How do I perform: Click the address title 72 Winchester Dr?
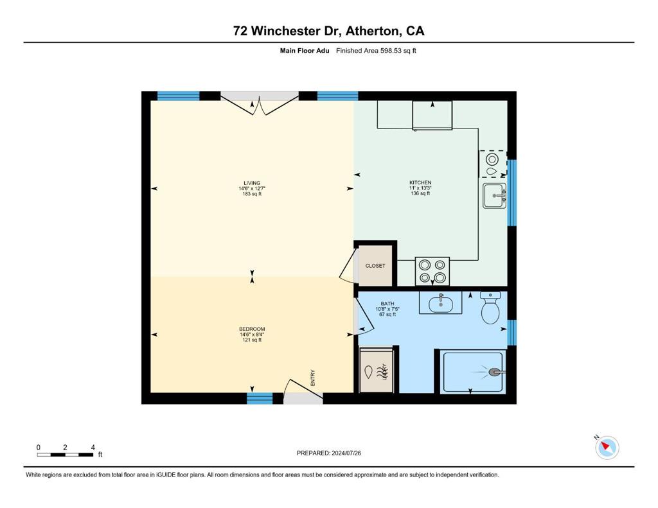(328, 30)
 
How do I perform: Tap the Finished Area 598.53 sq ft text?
(376, 51)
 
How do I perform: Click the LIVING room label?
(252, 183)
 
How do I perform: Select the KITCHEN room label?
(420, 183)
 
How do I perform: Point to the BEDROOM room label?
(252, 329)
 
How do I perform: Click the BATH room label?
(387, 304)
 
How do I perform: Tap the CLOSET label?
(375, 266)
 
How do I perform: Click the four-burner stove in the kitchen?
(432, 271)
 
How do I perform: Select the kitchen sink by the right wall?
(494, 195)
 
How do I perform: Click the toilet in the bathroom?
(490, 310)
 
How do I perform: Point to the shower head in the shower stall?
(496, 372)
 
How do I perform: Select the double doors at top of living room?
(260, 104)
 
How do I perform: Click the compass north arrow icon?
(607, 447)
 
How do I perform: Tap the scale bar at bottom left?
(66, 455)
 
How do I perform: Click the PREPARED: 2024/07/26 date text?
(333, 453)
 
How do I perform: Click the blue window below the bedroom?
(260, 398)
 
